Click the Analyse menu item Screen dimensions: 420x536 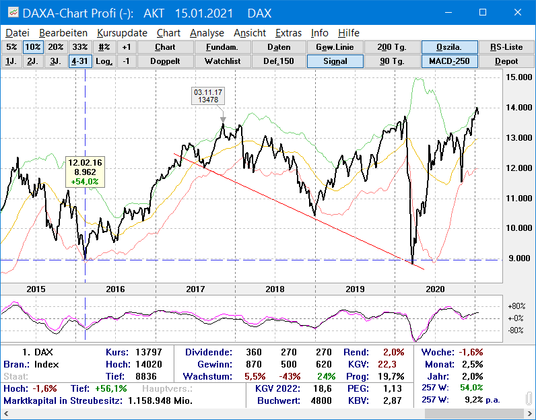click(207, 32)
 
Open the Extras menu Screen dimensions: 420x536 click(288, 32)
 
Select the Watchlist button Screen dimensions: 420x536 click(223, 61)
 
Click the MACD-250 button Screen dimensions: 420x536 click(450, 61)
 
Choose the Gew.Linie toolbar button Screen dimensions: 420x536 click(335, 47)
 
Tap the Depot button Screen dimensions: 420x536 click(506, 61)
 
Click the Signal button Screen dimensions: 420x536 click(335, 61)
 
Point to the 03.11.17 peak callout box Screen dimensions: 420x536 click(209, 96)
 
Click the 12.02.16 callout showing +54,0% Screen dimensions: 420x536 click(85, 172)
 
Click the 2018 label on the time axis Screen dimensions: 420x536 click(275, 288)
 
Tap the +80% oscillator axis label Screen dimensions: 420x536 click(516, 306)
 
